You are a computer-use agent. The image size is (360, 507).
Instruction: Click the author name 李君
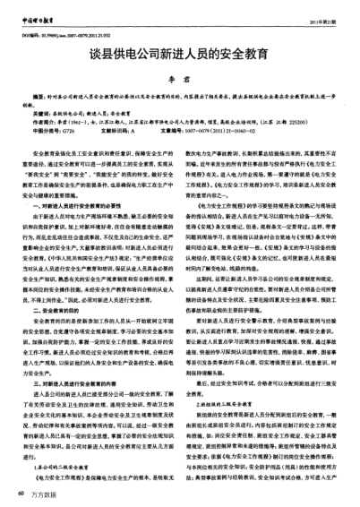point(180,79)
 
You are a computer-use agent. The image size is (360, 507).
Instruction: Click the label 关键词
point(41,115)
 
